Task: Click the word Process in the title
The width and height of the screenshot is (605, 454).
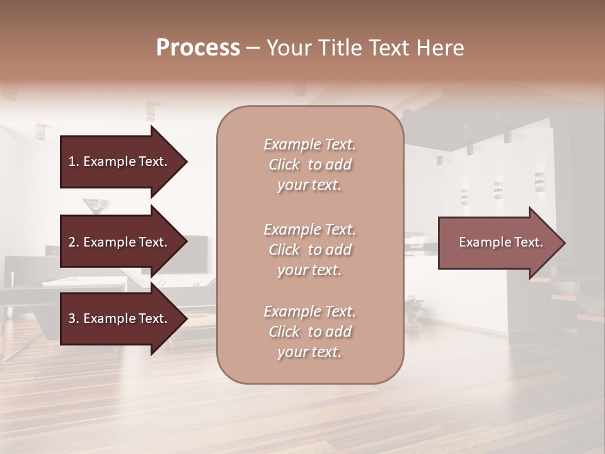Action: point(198,48)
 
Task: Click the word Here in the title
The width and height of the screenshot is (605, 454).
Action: point(440,48)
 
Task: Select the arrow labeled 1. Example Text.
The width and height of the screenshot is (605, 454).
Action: point(120,161)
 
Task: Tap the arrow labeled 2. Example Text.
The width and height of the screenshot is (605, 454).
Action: point(120,242)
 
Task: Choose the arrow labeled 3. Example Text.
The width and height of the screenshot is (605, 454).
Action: point(120,319)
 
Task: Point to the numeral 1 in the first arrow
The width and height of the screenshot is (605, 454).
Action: point(71,161)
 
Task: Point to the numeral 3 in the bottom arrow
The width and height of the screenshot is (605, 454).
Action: point(71,319)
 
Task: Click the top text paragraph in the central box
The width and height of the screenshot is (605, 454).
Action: point(309,165)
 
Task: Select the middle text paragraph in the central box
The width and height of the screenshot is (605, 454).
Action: point(309,250)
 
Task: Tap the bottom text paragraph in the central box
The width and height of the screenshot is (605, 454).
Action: point(309,332)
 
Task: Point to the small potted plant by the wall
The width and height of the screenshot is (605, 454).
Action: point(414,307)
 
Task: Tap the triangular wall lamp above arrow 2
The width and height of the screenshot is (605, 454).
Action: point(95,205)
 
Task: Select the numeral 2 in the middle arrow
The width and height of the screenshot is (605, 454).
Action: point(71,242)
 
